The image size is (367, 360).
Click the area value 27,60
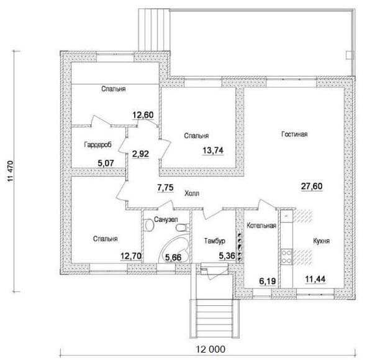[312, 187]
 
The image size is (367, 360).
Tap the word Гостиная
[294, 134]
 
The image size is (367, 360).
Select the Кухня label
[322, 241]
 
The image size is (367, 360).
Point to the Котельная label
[261, 226]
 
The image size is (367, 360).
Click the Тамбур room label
[215, 241]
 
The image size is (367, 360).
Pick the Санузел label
[166, 219]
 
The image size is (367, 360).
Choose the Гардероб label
[98, 145]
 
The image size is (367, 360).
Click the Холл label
[192, 193]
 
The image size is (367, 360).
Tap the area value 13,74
[213, 150]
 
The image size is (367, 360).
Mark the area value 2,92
[140, 154]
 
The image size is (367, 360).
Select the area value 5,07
[106, 163]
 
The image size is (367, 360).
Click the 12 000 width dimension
[210, 349]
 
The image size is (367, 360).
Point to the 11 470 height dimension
[11, 172]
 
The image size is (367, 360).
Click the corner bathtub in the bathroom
[174, 249]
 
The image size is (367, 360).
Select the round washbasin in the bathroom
[149, 225]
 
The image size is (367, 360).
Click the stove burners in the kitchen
[287, 257]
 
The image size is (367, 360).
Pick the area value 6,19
[268, 281]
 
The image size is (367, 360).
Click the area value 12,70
[131, 256]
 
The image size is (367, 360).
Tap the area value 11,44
[315, 279]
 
